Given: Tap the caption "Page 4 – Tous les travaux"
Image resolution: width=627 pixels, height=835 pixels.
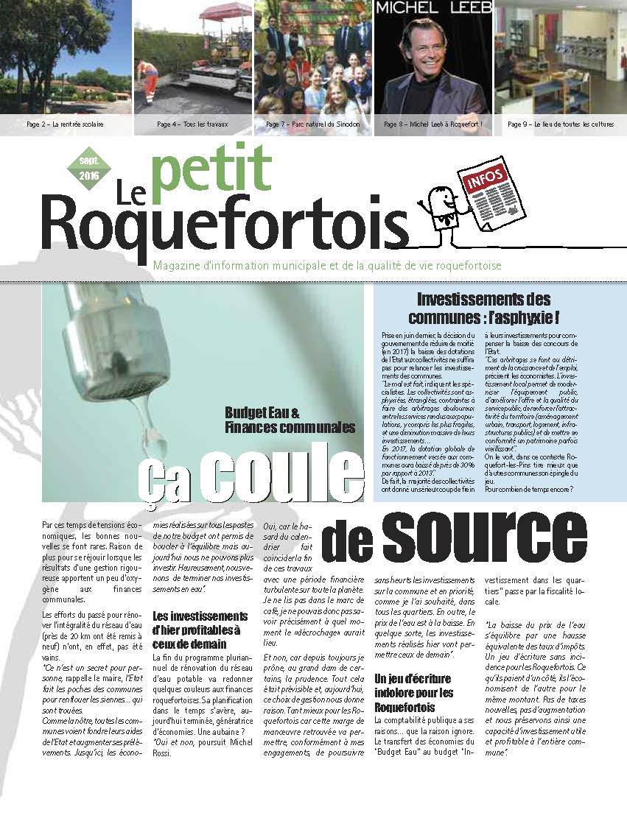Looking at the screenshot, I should [194, 124].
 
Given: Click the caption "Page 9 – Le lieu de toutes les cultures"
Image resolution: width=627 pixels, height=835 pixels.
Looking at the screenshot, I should [560, 124].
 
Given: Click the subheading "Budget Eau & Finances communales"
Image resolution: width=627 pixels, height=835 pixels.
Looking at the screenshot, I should [290, 420].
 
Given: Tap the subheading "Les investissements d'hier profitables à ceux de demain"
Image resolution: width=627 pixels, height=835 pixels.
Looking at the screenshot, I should [200, 630].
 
